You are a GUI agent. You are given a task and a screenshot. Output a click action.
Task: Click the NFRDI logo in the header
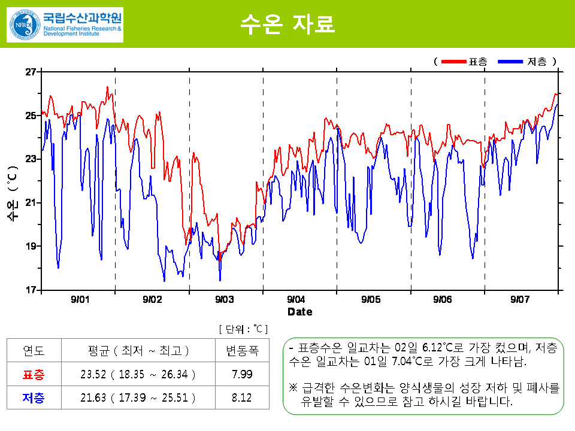[x=65, y=25]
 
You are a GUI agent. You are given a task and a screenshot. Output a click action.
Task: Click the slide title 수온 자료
[x=287, y=24]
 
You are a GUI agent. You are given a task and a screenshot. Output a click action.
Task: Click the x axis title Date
[x=299, y=312]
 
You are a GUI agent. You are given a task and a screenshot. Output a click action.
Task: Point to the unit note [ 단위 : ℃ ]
[x=243, y=329]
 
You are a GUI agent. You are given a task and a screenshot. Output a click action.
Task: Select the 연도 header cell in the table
[x=34, y=351]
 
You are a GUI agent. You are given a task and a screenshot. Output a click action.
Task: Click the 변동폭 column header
[x=242, y=351]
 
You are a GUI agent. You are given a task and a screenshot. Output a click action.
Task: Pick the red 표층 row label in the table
[x=34, y=375]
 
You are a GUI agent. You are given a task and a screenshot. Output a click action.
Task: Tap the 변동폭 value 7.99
[x=242, y=375]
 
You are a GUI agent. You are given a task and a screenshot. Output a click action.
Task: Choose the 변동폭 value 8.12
[x=242, y=398]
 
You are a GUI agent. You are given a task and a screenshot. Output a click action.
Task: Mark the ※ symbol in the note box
[x=293, y=388]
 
